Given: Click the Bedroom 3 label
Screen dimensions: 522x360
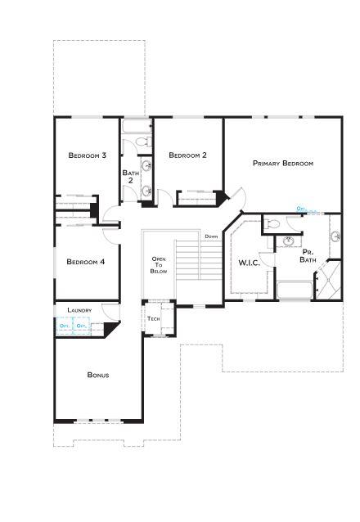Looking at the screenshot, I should (x=88, y=155).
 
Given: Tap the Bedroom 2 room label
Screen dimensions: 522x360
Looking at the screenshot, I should (x=187, y=155).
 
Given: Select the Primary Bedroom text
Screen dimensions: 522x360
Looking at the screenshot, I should (x=283, y=164).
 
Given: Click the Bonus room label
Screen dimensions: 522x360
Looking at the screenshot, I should (x=98, y=376).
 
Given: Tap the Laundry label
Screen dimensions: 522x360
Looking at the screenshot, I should (x=79, y=311).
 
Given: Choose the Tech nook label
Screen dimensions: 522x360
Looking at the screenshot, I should (x=153, y=318).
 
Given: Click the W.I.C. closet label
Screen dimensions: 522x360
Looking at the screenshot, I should (x=249, y=263).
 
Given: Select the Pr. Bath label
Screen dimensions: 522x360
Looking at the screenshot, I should (x=308, y=256).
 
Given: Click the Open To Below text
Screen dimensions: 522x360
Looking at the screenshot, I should (x=159, y=265).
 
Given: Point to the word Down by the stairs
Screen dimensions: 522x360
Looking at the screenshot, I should (x=211, y=236).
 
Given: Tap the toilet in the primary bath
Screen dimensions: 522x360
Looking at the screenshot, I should (x=274, y=223).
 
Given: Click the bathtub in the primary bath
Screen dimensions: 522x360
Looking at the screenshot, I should (x=294, y=289).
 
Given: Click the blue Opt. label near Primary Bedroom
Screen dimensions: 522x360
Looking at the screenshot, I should (x=301, y=209).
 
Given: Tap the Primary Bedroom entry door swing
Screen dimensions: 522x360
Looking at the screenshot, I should (x=236, y=197).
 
